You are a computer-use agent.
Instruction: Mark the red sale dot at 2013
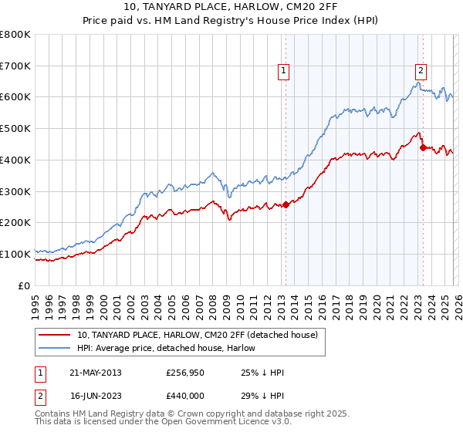click(286, 204)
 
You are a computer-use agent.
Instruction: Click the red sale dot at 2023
click(423, 147)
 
